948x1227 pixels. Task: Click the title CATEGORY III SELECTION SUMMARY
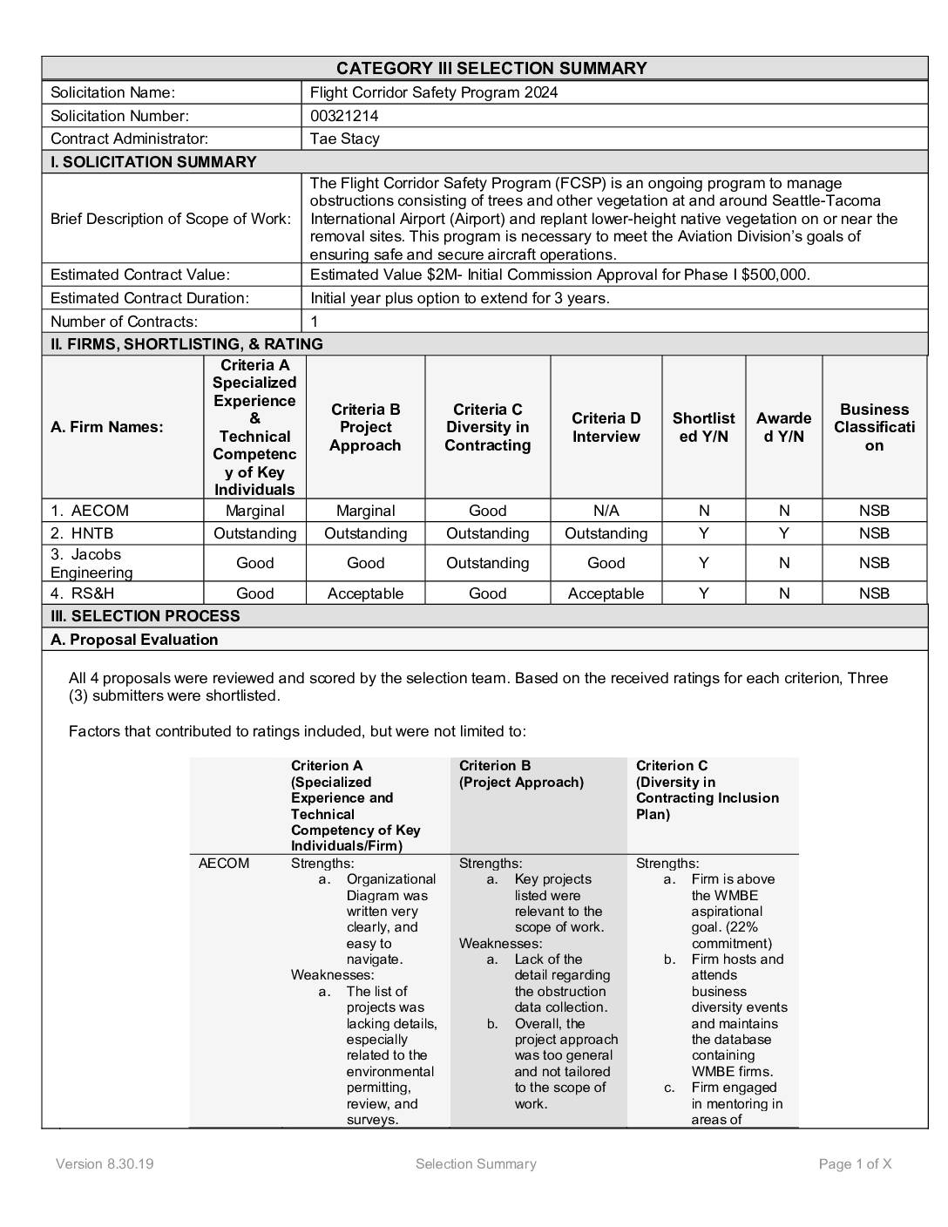pos(491,68)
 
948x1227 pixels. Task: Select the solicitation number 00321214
pos(344,116)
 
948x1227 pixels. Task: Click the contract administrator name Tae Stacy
pos(345,139)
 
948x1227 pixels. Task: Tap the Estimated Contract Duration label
pos(150,298)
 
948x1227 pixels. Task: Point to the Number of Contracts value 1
pos(315,322)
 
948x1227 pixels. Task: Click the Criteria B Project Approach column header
pos(366,427)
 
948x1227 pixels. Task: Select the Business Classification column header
pos(874,427)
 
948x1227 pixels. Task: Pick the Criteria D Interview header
pos(606,427)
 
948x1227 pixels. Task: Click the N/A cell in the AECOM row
pos(606,511)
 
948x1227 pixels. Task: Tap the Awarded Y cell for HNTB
pos(784,533)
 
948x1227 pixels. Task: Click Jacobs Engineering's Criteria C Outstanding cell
pos(487,563)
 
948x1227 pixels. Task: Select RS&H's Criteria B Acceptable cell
pos(366,593)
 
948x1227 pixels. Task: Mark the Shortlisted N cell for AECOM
pos(704,511)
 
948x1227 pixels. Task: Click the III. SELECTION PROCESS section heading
pos(146,616)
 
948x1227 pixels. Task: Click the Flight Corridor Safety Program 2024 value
pos(434,92)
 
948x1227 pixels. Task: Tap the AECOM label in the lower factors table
pos(224,864)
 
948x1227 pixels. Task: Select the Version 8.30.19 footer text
pos(105,1164)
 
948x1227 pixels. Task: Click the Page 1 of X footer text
pos(855,1164)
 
